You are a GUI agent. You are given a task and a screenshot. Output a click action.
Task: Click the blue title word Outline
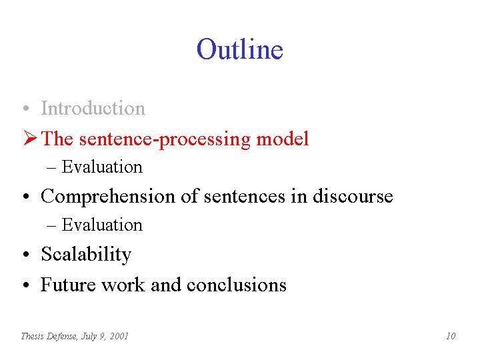coord(240,49)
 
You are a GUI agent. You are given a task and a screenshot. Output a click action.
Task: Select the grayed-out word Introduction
coord(93,108)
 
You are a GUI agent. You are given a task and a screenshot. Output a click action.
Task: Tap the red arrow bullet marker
coord(30,138)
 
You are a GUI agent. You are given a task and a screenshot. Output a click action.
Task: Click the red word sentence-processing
coord(165,139)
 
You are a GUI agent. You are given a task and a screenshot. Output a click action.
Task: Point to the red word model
coord(282,139)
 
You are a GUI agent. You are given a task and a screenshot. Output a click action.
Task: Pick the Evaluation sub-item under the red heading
coord(102,167)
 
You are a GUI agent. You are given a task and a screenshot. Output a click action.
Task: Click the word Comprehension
coord(108,197)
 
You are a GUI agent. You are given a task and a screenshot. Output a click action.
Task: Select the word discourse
coord(353,195)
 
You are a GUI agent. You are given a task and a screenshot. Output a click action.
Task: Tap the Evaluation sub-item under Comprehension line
coord(102,225)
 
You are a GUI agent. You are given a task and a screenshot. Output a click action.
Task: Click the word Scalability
coord(86,254)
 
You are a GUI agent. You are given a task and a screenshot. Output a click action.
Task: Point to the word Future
coord(68,285)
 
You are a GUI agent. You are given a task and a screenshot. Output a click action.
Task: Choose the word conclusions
coord(236,285)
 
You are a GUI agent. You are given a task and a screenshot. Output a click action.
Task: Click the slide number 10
coord(451,336)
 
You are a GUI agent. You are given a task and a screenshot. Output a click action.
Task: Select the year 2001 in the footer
coord(119,336)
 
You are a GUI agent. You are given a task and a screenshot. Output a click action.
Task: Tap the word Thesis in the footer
coord(33,336)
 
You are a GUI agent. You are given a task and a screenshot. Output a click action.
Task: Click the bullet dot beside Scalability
coord(26,254)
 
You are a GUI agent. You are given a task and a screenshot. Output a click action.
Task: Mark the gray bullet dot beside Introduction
coord(26,108)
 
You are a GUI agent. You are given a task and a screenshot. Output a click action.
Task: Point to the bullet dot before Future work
coord(26,285)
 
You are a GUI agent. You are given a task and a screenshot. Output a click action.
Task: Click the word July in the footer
coord(89,337)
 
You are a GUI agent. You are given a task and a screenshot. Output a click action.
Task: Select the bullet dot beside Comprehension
coord(26,196)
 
